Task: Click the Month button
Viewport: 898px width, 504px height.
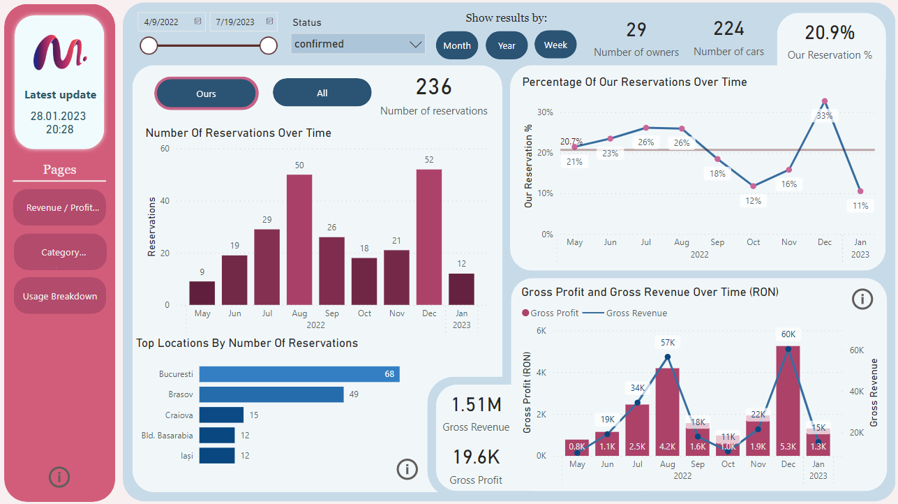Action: pos(457,45)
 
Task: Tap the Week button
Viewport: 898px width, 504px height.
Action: pos(555,45)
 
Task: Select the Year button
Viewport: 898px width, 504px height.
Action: pos(507,45)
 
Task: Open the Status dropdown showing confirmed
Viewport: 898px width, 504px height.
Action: pos(358,44)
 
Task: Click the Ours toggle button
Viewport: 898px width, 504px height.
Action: pos(207,94)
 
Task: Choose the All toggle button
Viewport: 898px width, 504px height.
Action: pos(322,93)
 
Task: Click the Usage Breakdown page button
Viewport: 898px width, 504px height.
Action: pos(60,296)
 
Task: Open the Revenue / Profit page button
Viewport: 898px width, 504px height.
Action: pos(60,207)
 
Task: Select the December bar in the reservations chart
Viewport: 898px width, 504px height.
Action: pos(428,237)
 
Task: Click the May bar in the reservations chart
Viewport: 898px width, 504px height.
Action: pos(202,293)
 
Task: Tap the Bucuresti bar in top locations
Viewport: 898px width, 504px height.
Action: pos(299,374)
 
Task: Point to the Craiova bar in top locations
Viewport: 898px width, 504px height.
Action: pos(221,415)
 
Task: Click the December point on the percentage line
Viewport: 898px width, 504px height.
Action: pos(825,102)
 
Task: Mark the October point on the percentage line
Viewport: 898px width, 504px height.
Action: pos(753,186)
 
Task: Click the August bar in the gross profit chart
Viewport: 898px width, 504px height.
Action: pos(667,412)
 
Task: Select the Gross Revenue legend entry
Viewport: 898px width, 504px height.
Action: pos(636,313)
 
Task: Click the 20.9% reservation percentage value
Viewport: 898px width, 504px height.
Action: pos(830,33)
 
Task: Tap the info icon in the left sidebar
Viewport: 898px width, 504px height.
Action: pos(59,477)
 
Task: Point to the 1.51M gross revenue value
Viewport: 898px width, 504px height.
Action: pos(476,405)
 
